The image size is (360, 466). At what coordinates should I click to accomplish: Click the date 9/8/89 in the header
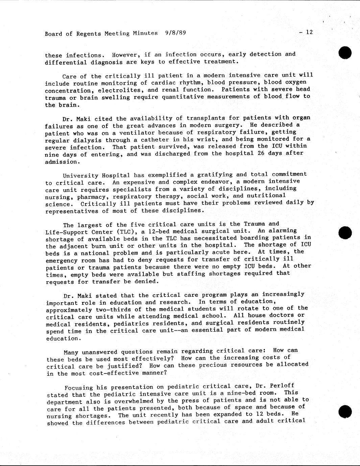[176, 33]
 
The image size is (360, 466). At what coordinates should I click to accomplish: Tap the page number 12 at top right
[309, 32]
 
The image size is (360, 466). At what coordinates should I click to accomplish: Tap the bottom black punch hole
[345, 412]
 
